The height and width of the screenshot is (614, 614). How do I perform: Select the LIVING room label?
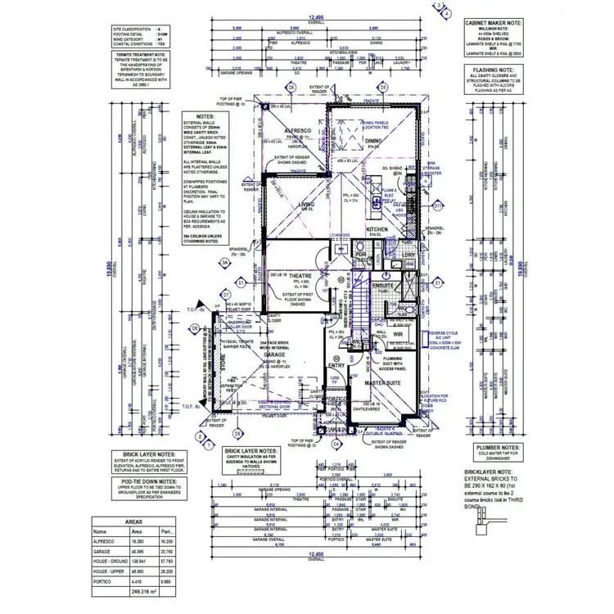(x=307, y=205)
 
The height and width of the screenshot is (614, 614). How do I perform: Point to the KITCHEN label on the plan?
(x=377, y=229)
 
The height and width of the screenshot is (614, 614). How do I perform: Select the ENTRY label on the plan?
(x=336, y=365)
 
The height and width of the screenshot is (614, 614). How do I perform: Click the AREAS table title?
(x=133, y=520)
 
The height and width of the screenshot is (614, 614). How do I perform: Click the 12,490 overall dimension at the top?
(x=316, y=16)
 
